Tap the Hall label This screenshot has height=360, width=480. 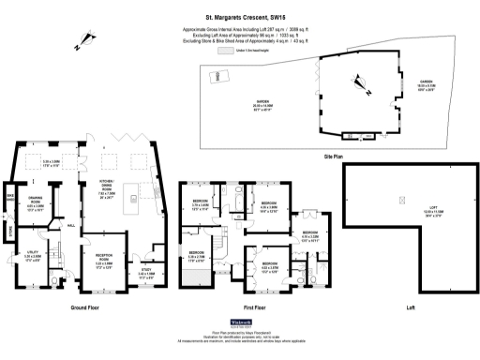pos(71,225)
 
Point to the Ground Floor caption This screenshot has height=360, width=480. pos(85,307)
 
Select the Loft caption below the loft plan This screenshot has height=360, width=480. pos(410,307)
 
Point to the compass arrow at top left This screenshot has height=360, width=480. pos(86,37)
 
